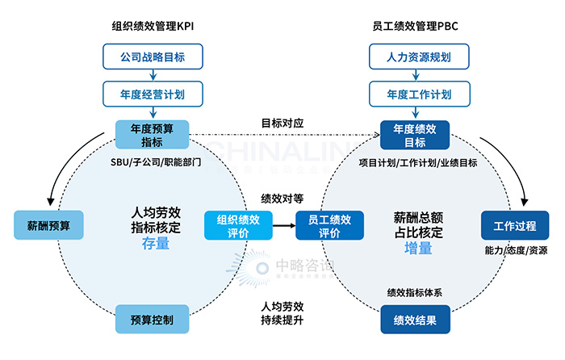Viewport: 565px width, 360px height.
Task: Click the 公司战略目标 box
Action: click(x=152, y=57)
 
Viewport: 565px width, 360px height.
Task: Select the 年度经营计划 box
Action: click(x=152, y=94)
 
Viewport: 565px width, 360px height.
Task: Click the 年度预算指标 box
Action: click(x=152, y=134)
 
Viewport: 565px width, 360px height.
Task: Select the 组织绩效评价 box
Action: click(x=238, y=225)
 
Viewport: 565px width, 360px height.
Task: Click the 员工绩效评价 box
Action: click(x=329, y=225)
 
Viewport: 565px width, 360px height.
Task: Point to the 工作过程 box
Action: click(x=515, y=224)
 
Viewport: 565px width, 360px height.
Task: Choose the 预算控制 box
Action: click(x=152, y=319)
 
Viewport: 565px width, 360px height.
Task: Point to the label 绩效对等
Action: click(x=282, y=197)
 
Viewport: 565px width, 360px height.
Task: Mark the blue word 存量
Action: click(x=156, y=243)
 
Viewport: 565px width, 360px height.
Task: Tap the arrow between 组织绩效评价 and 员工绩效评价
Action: click(x=283, y=225)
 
